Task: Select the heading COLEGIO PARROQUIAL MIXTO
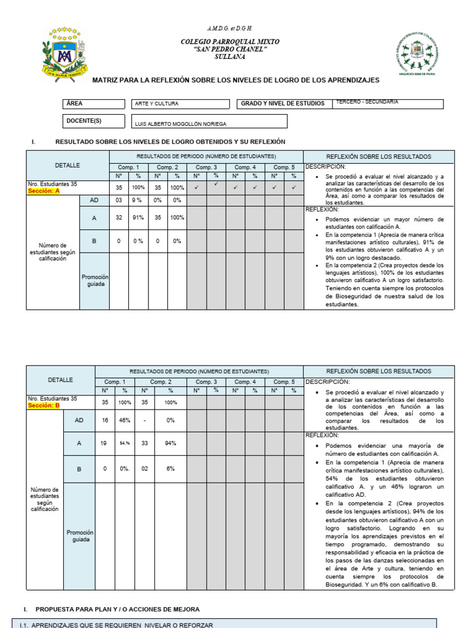(229, 42)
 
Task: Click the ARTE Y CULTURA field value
(157, 104)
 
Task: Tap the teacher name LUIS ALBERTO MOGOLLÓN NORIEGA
(180, 124)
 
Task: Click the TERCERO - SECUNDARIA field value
(367, 102)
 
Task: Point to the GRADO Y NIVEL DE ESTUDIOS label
(283, 104)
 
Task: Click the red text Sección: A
(44, 191)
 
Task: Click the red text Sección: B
(44, 405)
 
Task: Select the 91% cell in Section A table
(138, 217)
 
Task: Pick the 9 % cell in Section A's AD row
(138, 200)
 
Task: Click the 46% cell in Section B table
(124, 421)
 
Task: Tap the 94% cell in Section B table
(170, 443)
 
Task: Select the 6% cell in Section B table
(170, 469)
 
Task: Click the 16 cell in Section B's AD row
(105, 421)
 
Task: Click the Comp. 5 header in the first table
(284, 167)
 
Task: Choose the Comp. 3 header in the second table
(206, 381)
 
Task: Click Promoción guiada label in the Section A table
(94, 281)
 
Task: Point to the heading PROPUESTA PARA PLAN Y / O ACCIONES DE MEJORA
(117, 609)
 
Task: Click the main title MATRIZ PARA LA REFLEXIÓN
(235, 80)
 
